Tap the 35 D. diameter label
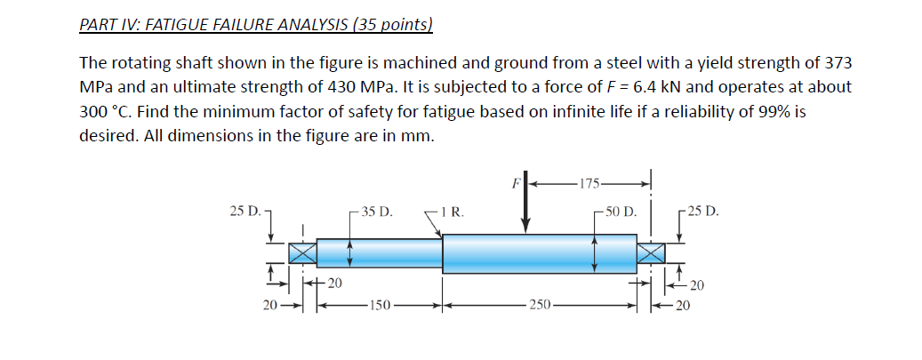[x=376, y=212]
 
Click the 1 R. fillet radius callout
[x=452, y=212]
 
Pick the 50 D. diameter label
[x=619, y=212]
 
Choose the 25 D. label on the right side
[x=703, y=212]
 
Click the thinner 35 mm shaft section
[x=380, y=252]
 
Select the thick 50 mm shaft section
[x=539, y=253]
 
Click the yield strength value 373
[x=839, y=64]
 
